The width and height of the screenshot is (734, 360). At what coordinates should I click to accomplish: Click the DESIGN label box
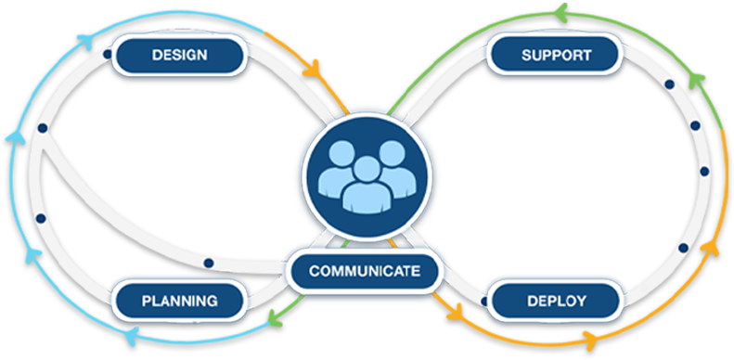click(x=180, y=55)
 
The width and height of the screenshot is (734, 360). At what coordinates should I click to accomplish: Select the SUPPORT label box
click(x=556, y=55)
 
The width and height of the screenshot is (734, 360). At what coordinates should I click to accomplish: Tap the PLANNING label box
click(x=179, y=301)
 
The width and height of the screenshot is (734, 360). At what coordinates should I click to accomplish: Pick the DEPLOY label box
click(x=555, y=301)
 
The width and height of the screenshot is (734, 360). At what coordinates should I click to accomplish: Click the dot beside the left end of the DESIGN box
click(x=109, y=55)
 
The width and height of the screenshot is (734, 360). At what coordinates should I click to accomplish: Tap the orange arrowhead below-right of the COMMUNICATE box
click(x=455, y=319)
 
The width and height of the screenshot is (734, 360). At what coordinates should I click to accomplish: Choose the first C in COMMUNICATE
click(x=314, y=271)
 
